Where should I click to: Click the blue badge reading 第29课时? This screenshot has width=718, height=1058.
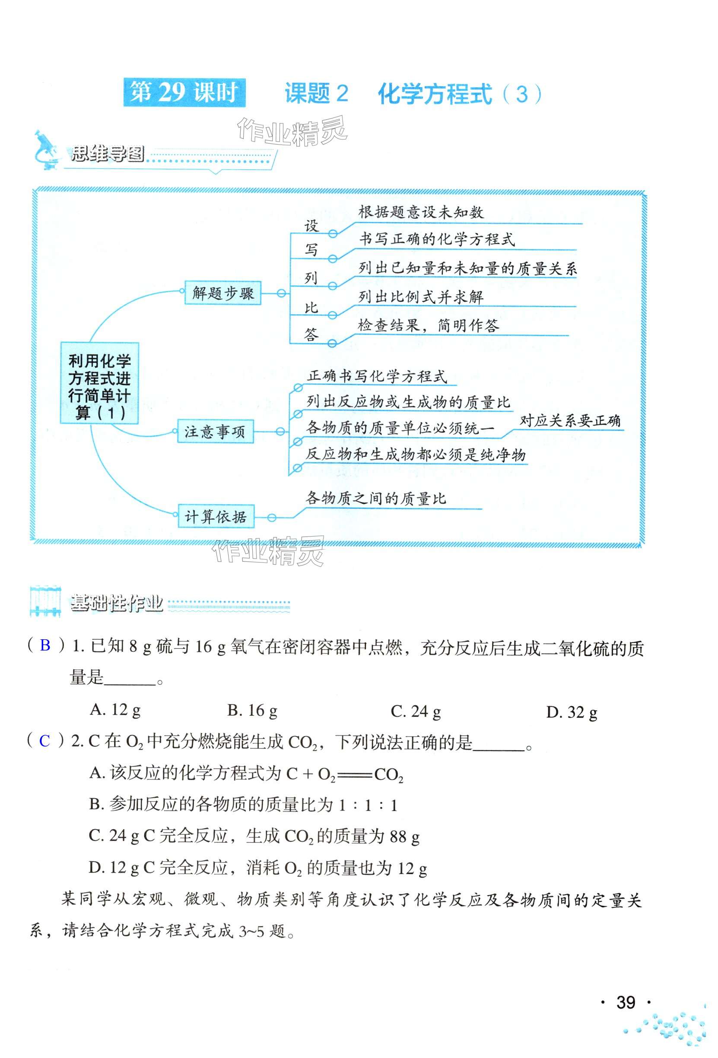[184, 93]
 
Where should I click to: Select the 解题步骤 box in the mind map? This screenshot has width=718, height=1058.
[223, 293]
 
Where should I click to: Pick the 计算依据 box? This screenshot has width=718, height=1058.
[216, 516]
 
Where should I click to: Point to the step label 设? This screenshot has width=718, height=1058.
[311, 226]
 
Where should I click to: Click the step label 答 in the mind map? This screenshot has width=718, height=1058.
[311, 335]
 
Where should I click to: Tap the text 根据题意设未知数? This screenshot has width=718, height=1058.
[420, 212]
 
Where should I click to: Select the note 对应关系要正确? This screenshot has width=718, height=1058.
[570, 420]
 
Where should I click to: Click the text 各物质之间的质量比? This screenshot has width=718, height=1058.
[376, 498]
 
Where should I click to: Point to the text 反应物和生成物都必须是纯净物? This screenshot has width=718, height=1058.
[416, 455]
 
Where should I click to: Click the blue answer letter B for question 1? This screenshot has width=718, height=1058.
[45, 645]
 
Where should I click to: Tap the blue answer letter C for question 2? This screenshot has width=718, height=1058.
[44, 741]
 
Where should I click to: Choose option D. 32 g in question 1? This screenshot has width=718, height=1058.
[571, 712]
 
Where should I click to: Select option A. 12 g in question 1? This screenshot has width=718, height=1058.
[115, 709]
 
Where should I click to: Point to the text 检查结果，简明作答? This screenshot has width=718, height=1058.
[428, 325]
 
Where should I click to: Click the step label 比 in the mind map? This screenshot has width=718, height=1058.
[311, 308]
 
